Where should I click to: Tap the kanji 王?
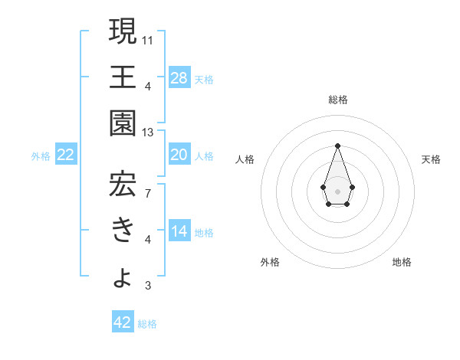(122, 77)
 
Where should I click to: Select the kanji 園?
(122, 123)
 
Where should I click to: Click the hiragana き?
(122, 229)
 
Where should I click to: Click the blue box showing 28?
(179, 78)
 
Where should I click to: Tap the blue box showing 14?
(179, 231)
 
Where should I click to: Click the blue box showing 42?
(123, 322)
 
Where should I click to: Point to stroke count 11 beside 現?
(148, 38)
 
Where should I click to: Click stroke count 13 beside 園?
(148, 133)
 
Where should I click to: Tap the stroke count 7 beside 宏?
(147, 192)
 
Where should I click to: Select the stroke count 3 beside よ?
(147, 286)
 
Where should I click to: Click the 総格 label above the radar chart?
(337, 100)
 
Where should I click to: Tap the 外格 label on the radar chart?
(270, 262)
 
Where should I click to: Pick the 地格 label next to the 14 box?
(204, 232)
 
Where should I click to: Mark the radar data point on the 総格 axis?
(337, 146)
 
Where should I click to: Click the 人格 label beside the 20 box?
(204, 156)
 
